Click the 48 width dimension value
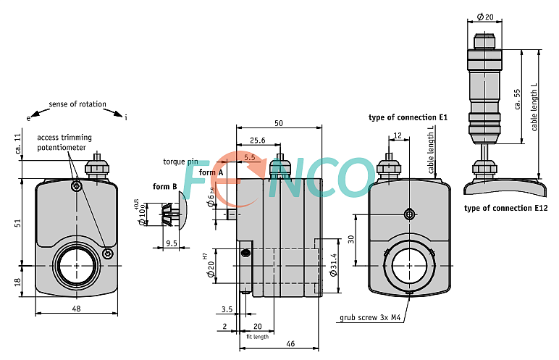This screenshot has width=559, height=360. coord(76,308)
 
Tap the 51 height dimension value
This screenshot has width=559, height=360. coord(17,223)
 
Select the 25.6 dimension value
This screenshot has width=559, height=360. coord(257,141)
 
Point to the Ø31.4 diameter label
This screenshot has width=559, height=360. coord(334,264)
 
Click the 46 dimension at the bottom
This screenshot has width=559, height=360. coord(290,343)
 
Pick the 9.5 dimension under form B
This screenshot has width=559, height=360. coord(172,243)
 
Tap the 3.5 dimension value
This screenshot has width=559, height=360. coord(227,309)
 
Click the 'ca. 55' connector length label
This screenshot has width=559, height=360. coord(517,99)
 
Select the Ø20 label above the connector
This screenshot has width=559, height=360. coord(485,17)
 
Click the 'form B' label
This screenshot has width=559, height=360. coord(164,186)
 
